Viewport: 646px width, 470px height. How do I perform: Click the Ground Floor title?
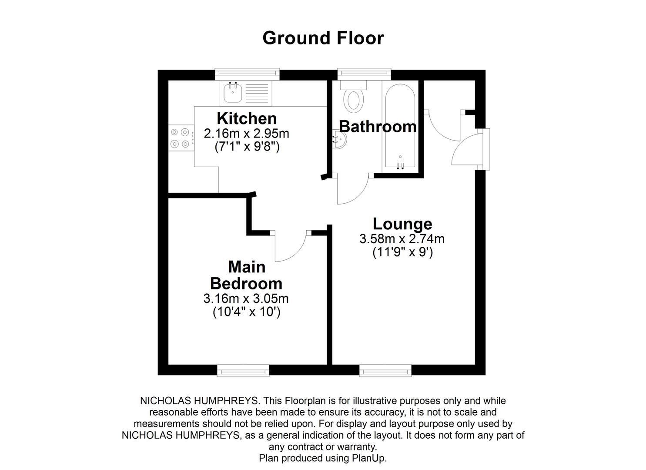coord(323,38)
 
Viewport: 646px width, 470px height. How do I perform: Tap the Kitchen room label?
coord(247,118)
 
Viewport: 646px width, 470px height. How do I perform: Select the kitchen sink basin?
coord(233,92)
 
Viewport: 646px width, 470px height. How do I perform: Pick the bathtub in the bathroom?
coord(400,126)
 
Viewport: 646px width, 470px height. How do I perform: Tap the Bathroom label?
coord(377,126)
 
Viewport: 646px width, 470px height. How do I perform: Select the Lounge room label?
coord(402,224)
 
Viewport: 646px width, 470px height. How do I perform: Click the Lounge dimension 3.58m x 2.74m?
coord(402,238)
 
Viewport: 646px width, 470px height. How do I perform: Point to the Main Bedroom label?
coord(246,275)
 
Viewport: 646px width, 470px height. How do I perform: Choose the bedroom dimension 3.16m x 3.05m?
coord(246,299)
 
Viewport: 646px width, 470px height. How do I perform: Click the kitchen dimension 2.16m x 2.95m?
coord(247,133)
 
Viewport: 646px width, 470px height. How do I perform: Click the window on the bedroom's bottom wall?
coord(243,371)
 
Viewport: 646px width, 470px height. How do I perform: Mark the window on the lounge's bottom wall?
coord(385,371)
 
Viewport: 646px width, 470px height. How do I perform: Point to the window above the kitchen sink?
coord(247,74)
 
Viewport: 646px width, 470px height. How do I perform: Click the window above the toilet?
coord(364,74)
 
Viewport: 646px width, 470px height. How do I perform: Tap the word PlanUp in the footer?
coord(368,458)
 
